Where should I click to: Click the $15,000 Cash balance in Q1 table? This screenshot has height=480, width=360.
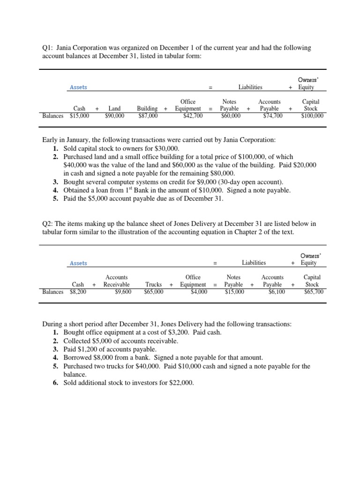point(80,116)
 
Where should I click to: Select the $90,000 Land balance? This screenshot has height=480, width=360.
point(115,116)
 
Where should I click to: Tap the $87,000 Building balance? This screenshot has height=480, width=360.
point(148,116)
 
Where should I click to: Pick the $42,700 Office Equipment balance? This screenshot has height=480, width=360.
point(193,116)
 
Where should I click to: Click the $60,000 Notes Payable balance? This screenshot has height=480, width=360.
point(231,116)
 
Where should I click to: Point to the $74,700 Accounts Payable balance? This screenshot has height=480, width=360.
point(273,116)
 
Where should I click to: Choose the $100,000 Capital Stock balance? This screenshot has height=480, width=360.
point(312,116)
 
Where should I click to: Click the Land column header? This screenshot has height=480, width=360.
point(115,109)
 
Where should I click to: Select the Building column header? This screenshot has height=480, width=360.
point(147,109)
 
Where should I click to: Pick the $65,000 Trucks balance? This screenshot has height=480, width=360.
point(154,292)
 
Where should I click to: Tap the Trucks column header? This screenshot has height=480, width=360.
point(154,285)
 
